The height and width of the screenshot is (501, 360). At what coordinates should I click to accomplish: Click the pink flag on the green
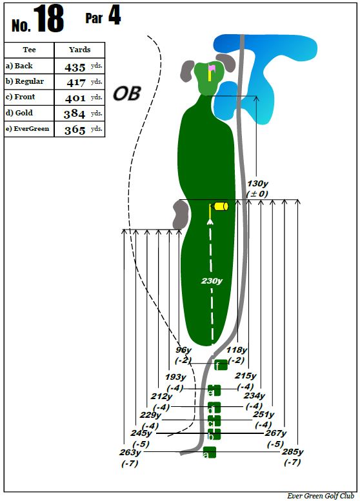tap(212, 68)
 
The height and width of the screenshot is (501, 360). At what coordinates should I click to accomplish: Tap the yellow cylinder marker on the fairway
tap(221, 206)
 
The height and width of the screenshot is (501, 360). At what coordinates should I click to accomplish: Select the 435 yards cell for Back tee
tap(79, 66)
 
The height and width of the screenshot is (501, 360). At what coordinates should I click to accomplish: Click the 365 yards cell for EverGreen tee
tap(79, 129)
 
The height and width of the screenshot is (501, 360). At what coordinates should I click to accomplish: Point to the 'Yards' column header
tap(79, 50)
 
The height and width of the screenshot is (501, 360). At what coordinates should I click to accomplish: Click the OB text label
tap(127, 93)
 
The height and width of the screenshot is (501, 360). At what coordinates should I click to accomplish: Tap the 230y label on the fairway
tap(212, 281)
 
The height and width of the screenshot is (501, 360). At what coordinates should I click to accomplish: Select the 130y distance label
tap(257, 184)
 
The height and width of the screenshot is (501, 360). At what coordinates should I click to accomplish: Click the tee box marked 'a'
tap(210, 452)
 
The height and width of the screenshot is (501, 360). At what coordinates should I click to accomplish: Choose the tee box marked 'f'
tap(221, 365)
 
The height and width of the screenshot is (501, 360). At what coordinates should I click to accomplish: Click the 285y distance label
tap(292, 452)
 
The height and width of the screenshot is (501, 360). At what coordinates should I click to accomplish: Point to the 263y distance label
tap(130, 452)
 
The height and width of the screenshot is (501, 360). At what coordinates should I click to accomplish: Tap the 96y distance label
tap(183, 350)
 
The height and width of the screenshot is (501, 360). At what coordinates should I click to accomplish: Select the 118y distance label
tap(237, 350)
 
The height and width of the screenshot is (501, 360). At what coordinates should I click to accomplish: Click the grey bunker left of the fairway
tap(181, 215)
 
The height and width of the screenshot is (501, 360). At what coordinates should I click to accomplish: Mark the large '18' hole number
tap(48, 19)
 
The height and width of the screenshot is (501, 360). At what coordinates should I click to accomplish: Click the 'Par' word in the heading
tap(94, 18)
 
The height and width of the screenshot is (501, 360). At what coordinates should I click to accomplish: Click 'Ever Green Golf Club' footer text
tap(321, 496)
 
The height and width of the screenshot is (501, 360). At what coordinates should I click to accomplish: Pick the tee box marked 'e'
tap(214, 390)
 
